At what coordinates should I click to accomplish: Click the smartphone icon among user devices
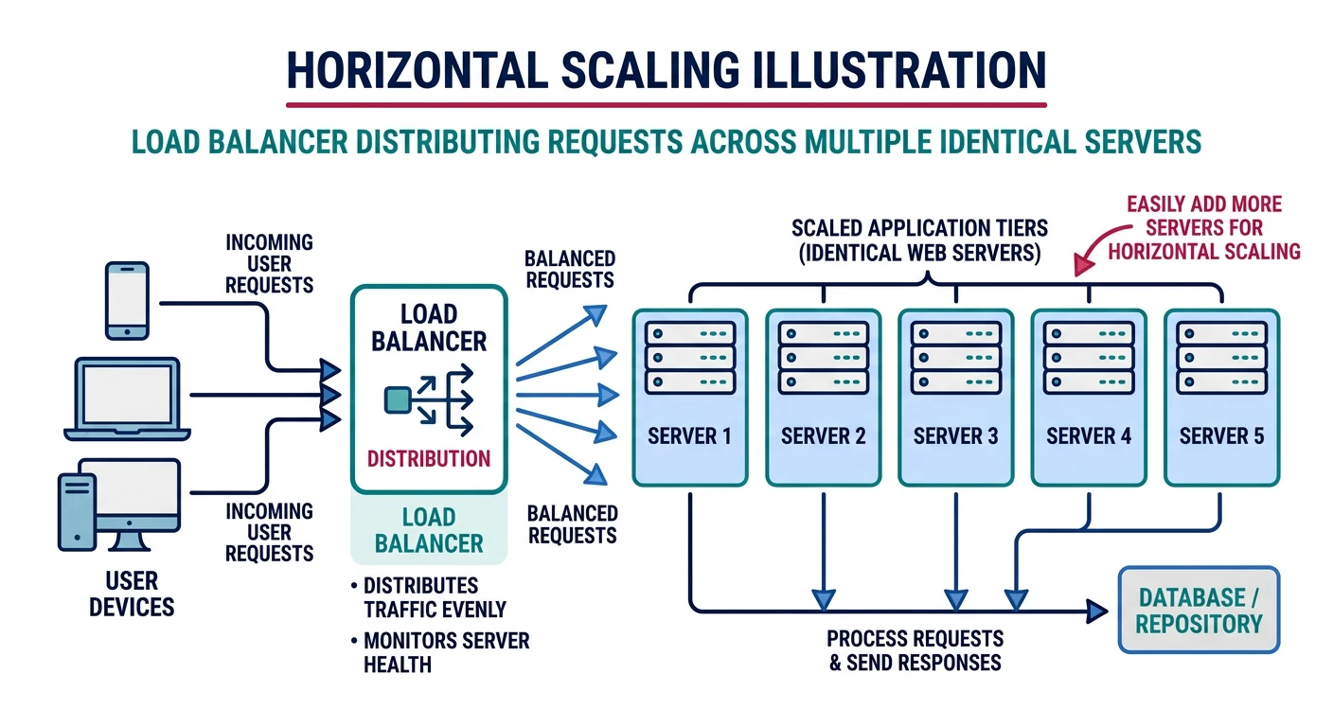click(x=128, y=300)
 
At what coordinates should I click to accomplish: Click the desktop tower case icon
click(x=77, y=511)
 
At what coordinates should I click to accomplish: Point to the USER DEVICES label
click(x=132, y=594)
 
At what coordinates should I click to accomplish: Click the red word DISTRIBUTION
click(x=429, y=459)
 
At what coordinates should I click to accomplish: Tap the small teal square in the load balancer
click(x=396, y=400)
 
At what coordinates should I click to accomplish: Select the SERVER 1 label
click(x=689, y=436)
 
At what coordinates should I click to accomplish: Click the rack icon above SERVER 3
click(x=955, y=358)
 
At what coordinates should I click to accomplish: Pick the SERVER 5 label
click(x=1221, y=436)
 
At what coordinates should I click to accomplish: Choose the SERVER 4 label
click(x=1089, y=436)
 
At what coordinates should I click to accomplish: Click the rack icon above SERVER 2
click(x=823, y=358)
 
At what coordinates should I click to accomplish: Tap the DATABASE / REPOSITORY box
click(x=1199, y=611)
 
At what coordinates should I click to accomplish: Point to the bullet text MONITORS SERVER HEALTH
click(x=445, y=652)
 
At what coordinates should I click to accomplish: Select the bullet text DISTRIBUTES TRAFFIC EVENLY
click(x=434, y=597)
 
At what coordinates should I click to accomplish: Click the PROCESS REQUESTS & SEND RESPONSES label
click(x=915, y=650)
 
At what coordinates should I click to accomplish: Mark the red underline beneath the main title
click(x=666, y=103)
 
